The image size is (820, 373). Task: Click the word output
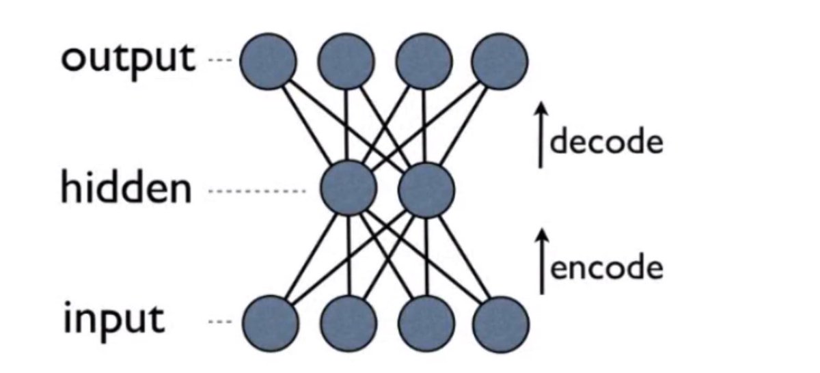coord(127,59)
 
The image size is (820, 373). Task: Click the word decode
coord(606,143)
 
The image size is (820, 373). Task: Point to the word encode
coord(606,267)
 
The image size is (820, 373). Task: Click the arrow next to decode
coord(541,135)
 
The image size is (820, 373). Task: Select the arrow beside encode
coord(542,261)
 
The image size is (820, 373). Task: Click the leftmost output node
coord(267,61)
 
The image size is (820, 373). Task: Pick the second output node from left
coord(346,61)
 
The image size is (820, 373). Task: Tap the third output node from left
coord(423,61)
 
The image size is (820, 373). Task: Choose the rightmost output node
coord(500,61)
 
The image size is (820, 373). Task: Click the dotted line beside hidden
coord(257,192)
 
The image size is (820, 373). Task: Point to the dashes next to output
coord(219,62)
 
